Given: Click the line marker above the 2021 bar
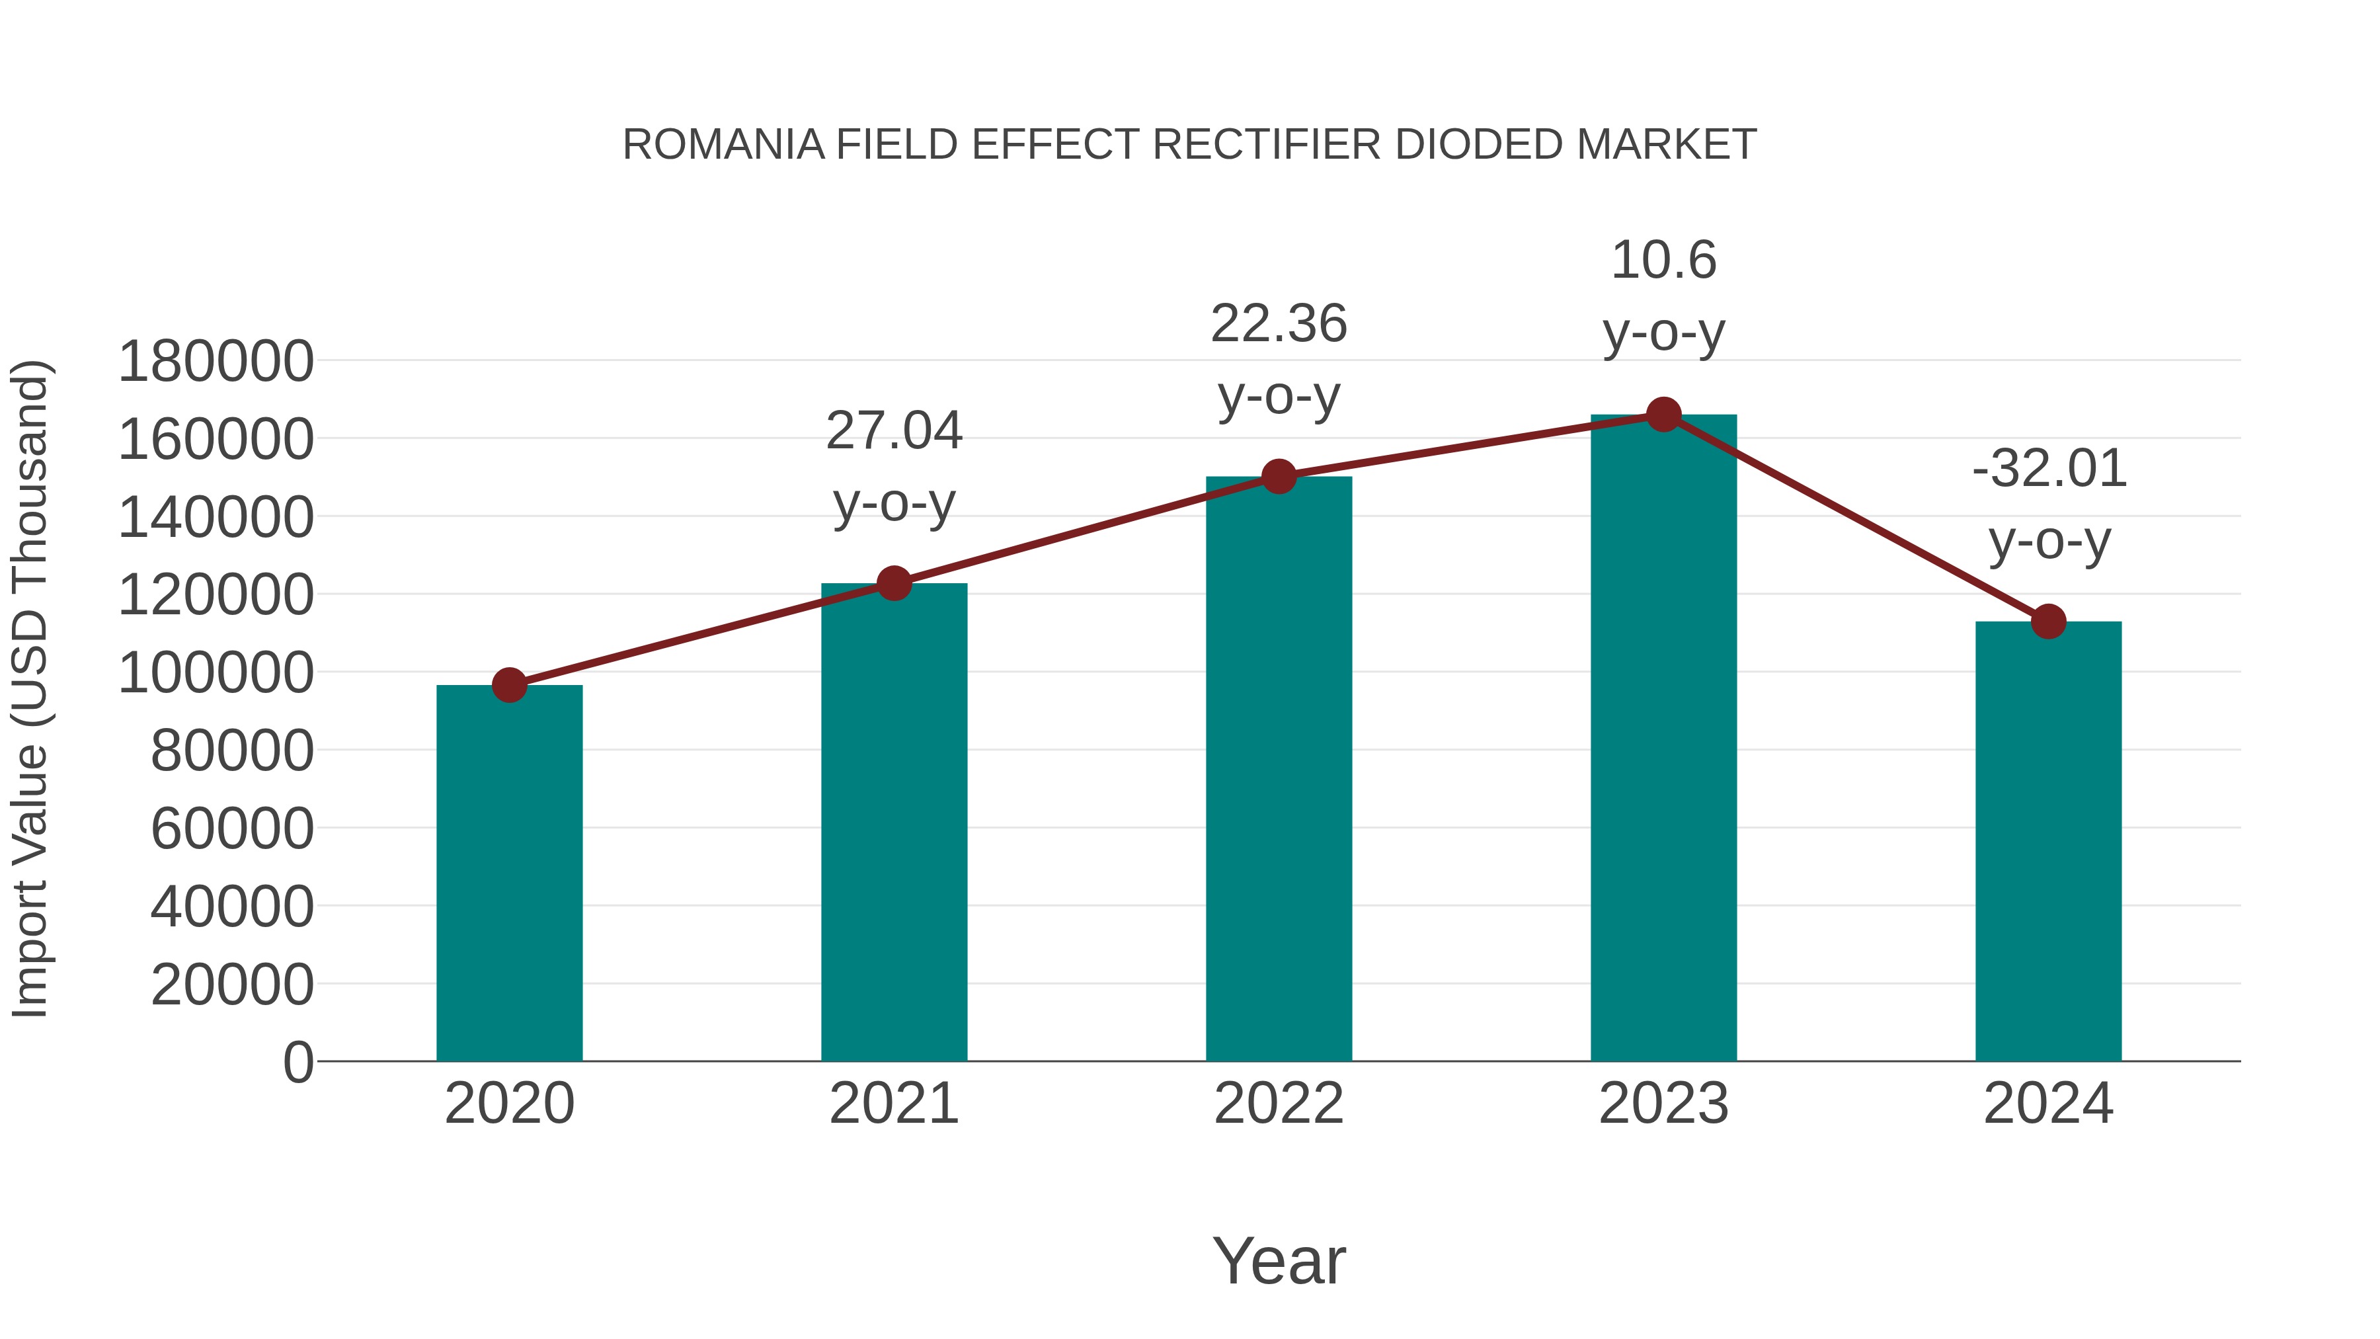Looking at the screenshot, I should click(893, 583).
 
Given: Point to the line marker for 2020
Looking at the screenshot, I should click(509, 685).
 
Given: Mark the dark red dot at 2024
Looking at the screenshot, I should click(2048, 622).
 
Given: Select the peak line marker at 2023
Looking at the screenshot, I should click(1663, 415).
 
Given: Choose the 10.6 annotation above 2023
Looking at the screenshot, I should click(1663, 261).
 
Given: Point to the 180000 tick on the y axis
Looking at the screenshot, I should click(216, 361).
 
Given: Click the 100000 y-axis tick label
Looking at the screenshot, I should click(216, 672).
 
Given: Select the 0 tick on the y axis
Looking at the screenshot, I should click(297, 1062).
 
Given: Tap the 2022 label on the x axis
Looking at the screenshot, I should click(1279, 1104).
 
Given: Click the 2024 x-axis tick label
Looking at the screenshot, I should click(2048, 1104).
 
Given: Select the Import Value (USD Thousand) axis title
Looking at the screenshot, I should click(30, 688).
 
